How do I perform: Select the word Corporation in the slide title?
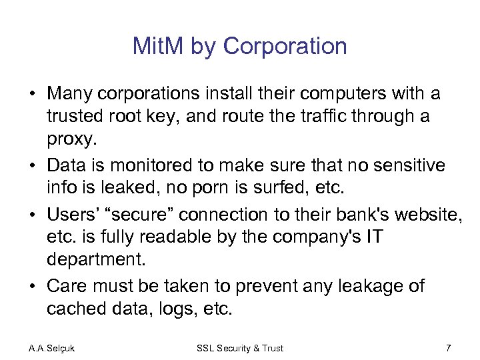[x=285, y=47]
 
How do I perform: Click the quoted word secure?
[x=142, y=214]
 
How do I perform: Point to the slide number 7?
[x=448, y=348]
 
